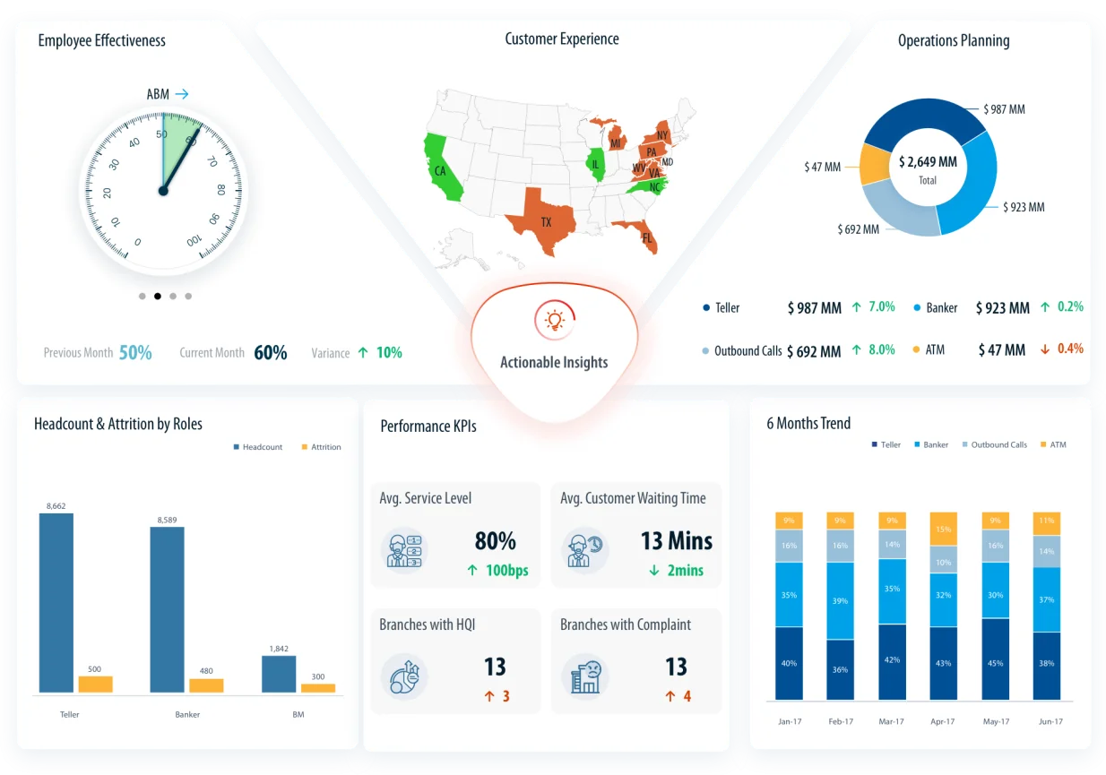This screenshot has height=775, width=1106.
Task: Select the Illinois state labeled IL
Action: (x=594, y=164)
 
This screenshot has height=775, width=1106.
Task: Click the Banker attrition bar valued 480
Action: (x=206, y=685)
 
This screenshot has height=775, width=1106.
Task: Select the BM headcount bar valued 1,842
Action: (x=279, y=674)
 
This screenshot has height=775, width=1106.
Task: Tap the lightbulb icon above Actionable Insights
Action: (x=554, y=320)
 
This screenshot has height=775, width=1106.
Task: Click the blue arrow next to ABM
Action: (x=182, y=93)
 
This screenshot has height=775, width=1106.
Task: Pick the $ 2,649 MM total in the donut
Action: (x=928, y=162)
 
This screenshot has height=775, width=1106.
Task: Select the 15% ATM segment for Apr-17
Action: (x=943, y=529)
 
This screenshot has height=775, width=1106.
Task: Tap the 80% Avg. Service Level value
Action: (x=495, y=541)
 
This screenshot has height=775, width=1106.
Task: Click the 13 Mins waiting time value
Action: (x=676, y=541)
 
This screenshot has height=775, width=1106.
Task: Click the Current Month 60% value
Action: (x=270, y=353)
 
